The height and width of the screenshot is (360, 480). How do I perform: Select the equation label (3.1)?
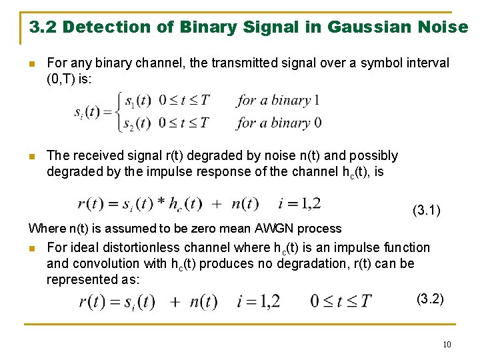tap(427, 211)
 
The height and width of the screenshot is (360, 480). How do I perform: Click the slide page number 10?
tap(446, 344)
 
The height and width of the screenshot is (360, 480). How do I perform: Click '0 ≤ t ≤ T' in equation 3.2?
tap(341, 301)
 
